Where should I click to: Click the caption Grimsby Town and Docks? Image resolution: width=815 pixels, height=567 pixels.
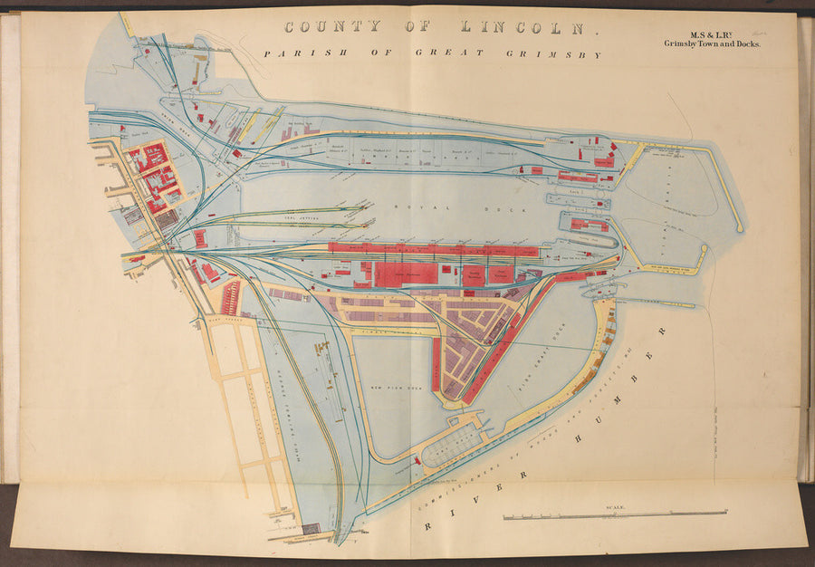point(712,44)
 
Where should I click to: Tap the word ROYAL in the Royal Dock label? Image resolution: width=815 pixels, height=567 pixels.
point(408,207)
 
